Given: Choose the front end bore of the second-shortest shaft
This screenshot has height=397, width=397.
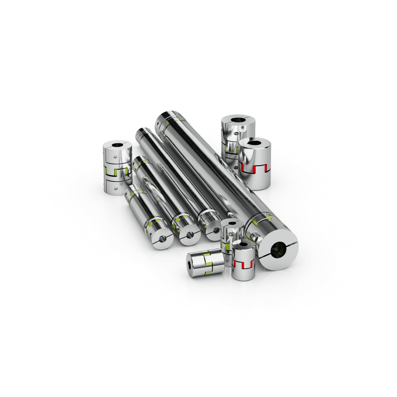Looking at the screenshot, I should coord(189,233).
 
